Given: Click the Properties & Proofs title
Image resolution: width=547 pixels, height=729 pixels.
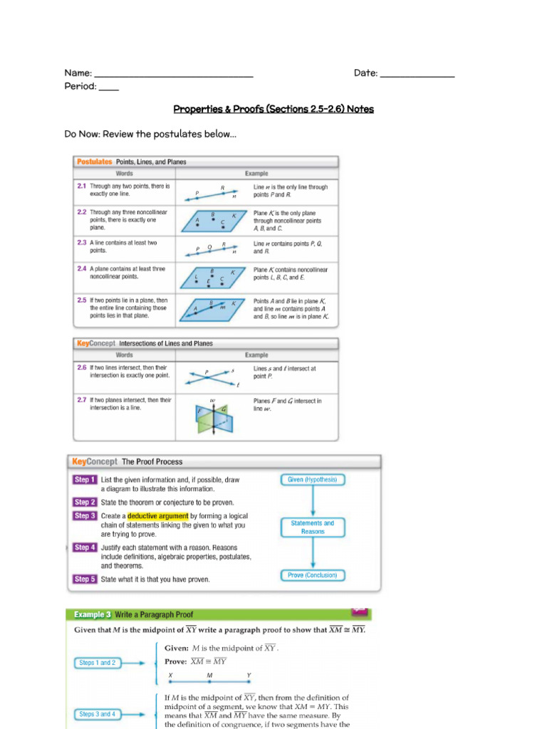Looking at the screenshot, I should tap(273, 109).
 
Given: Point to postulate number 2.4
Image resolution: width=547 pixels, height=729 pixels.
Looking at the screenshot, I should tap(81, 269).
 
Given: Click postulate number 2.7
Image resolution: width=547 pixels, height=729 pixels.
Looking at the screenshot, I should tap(81, 400).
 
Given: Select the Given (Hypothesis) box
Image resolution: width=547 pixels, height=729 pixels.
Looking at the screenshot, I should tap(312, 480).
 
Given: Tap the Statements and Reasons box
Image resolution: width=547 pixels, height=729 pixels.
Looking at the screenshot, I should tap(312, 527).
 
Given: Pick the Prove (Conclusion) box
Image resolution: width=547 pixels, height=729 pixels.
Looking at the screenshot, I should tap(312, 575).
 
